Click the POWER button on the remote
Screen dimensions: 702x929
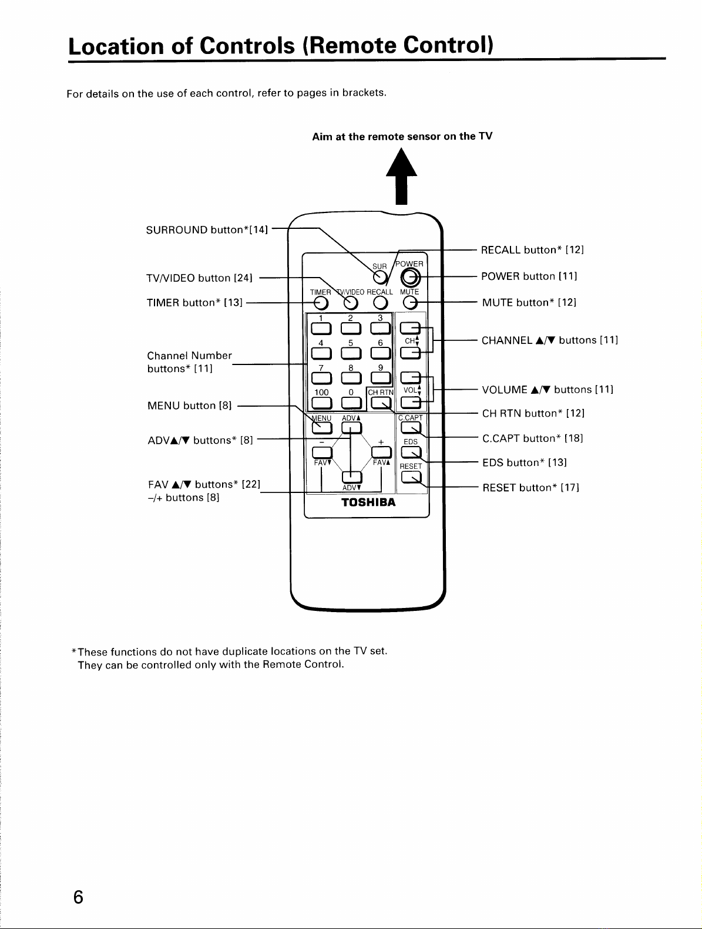click(x=410, y=278)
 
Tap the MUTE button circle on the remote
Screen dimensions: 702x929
click(x=410, y=303)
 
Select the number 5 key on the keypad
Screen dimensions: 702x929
click(x=351, y=353)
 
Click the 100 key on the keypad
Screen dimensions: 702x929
click(x=321, y=403)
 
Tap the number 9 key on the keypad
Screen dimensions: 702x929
click(x=381, y=377)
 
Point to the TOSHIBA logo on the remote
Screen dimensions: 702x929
click(x=368, y=502)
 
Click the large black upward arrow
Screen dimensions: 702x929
click(x=402, y=176)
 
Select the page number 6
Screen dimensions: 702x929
click(x=78, y=897)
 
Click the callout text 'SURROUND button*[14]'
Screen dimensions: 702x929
click(x=207, y=230)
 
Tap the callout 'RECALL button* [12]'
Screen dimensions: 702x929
click(x=533, y=249)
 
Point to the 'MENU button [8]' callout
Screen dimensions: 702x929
click(x=189, y=406)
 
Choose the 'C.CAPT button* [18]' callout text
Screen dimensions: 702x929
click(x=533, y=438)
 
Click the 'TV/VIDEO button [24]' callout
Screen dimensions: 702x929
click(x=199, y=278)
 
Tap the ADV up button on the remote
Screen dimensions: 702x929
click(x=352, y=428)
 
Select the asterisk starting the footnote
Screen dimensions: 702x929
click(x=73, y=650)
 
